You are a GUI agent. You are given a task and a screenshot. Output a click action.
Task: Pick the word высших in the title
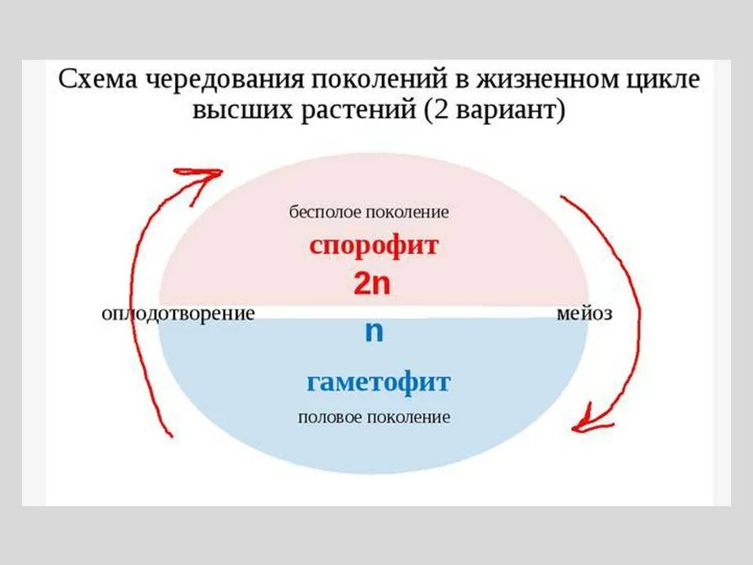point(238,110)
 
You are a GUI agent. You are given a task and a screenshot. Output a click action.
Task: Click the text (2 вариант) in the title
point(495,110)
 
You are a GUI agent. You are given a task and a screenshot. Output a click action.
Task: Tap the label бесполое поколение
point(369,212)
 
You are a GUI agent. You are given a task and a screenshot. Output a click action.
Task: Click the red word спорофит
point(373,246)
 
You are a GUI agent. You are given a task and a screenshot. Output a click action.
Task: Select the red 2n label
point(372,284)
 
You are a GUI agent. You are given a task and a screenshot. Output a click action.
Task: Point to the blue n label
point(374,332)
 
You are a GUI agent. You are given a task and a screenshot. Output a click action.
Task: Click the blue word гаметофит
point(378,383)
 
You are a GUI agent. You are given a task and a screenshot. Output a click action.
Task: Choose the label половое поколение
point(374,417)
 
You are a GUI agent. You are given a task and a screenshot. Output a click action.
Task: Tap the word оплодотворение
point(178,313)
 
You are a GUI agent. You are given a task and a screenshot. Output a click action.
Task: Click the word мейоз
point(584,313)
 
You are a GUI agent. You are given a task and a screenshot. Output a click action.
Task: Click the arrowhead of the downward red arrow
point(587,424)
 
